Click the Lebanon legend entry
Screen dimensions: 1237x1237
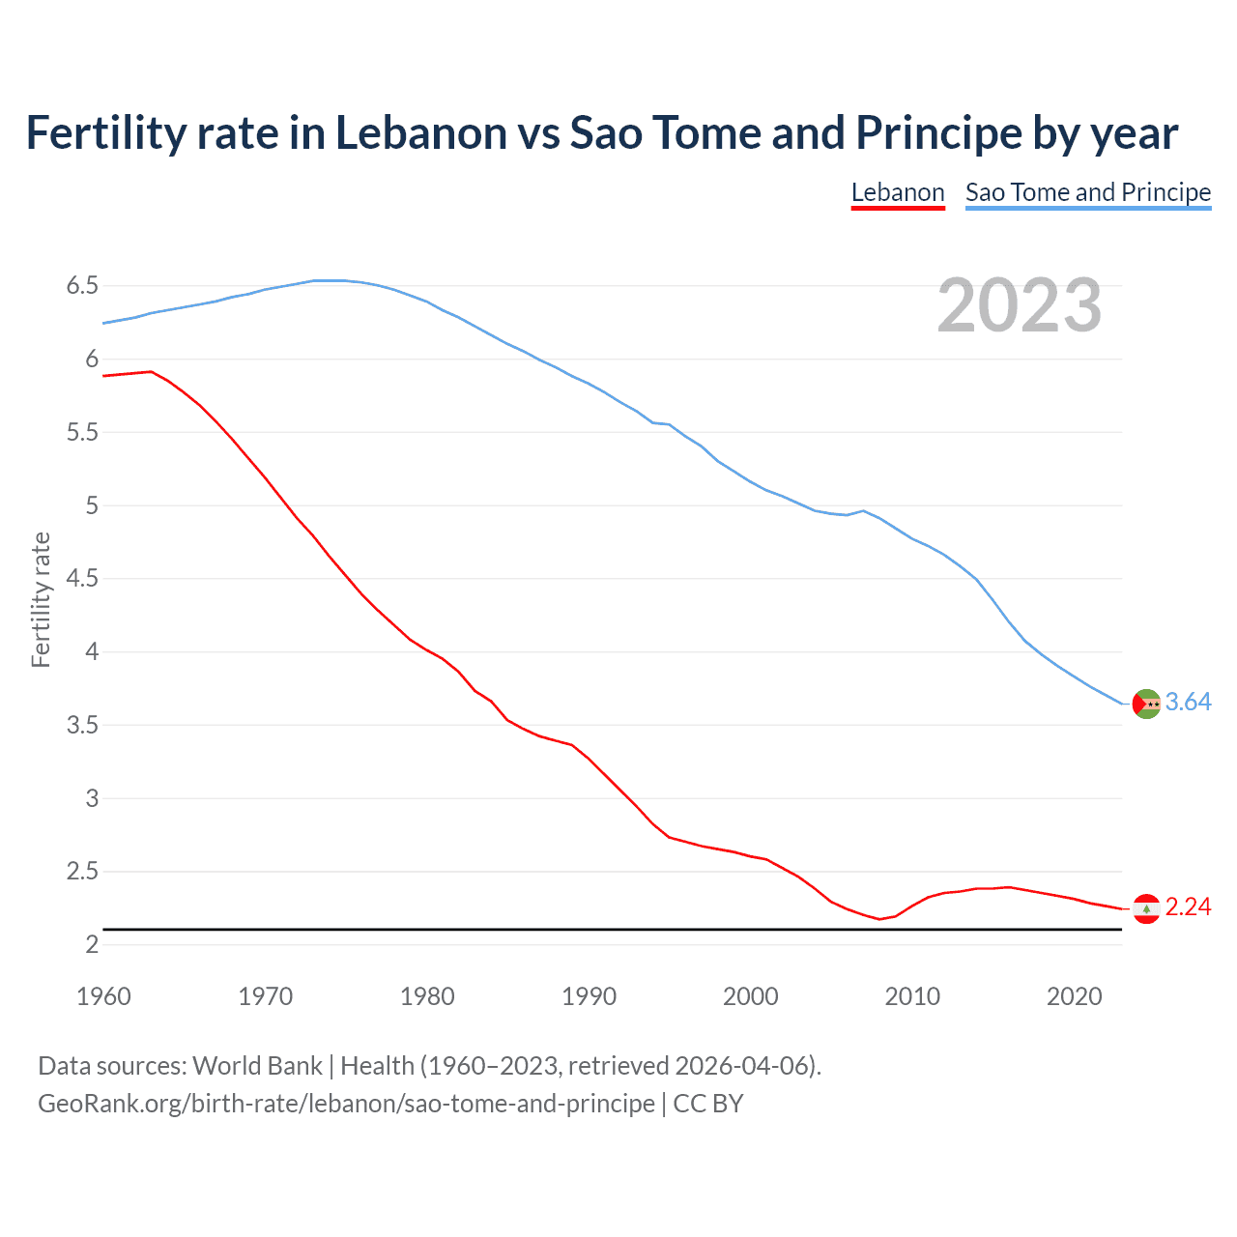897,192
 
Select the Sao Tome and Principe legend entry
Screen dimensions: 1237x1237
1087,192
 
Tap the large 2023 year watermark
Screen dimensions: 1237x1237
1020,305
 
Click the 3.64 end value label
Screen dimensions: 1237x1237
1188,703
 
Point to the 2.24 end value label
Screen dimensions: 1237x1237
1188,907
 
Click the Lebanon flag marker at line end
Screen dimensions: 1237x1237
1146,908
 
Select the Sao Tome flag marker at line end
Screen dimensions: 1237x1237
1146,704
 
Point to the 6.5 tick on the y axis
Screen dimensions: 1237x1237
82,286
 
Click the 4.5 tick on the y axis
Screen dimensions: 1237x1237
82,579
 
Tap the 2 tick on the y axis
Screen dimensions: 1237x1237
92,945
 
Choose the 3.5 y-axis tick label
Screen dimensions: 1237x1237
82,726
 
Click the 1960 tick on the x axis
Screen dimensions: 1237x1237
103,996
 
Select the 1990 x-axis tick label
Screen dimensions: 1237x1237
589,996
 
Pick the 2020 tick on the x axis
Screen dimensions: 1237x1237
1074,996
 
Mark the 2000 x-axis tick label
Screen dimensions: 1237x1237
750,996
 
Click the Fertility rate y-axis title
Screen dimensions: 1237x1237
41,599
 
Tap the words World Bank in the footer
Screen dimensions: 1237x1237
257,1066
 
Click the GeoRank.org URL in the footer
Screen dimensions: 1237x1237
346,1104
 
